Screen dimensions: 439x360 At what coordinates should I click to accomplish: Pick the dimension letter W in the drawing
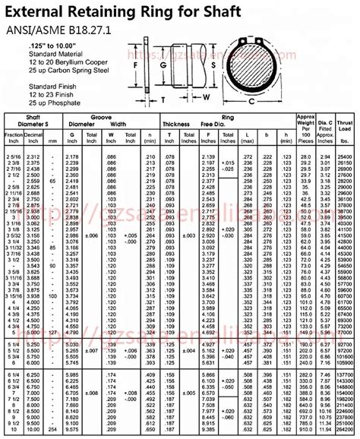click(206, 97)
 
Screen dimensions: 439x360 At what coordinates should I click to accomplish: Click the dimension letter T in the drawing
click(162, 99)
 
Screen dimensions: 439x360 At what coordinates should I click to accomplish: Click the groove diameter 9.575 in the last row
click(72, 434)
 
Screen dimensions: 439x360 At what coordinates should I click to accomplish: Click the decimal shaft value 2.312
click(32, 156)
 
